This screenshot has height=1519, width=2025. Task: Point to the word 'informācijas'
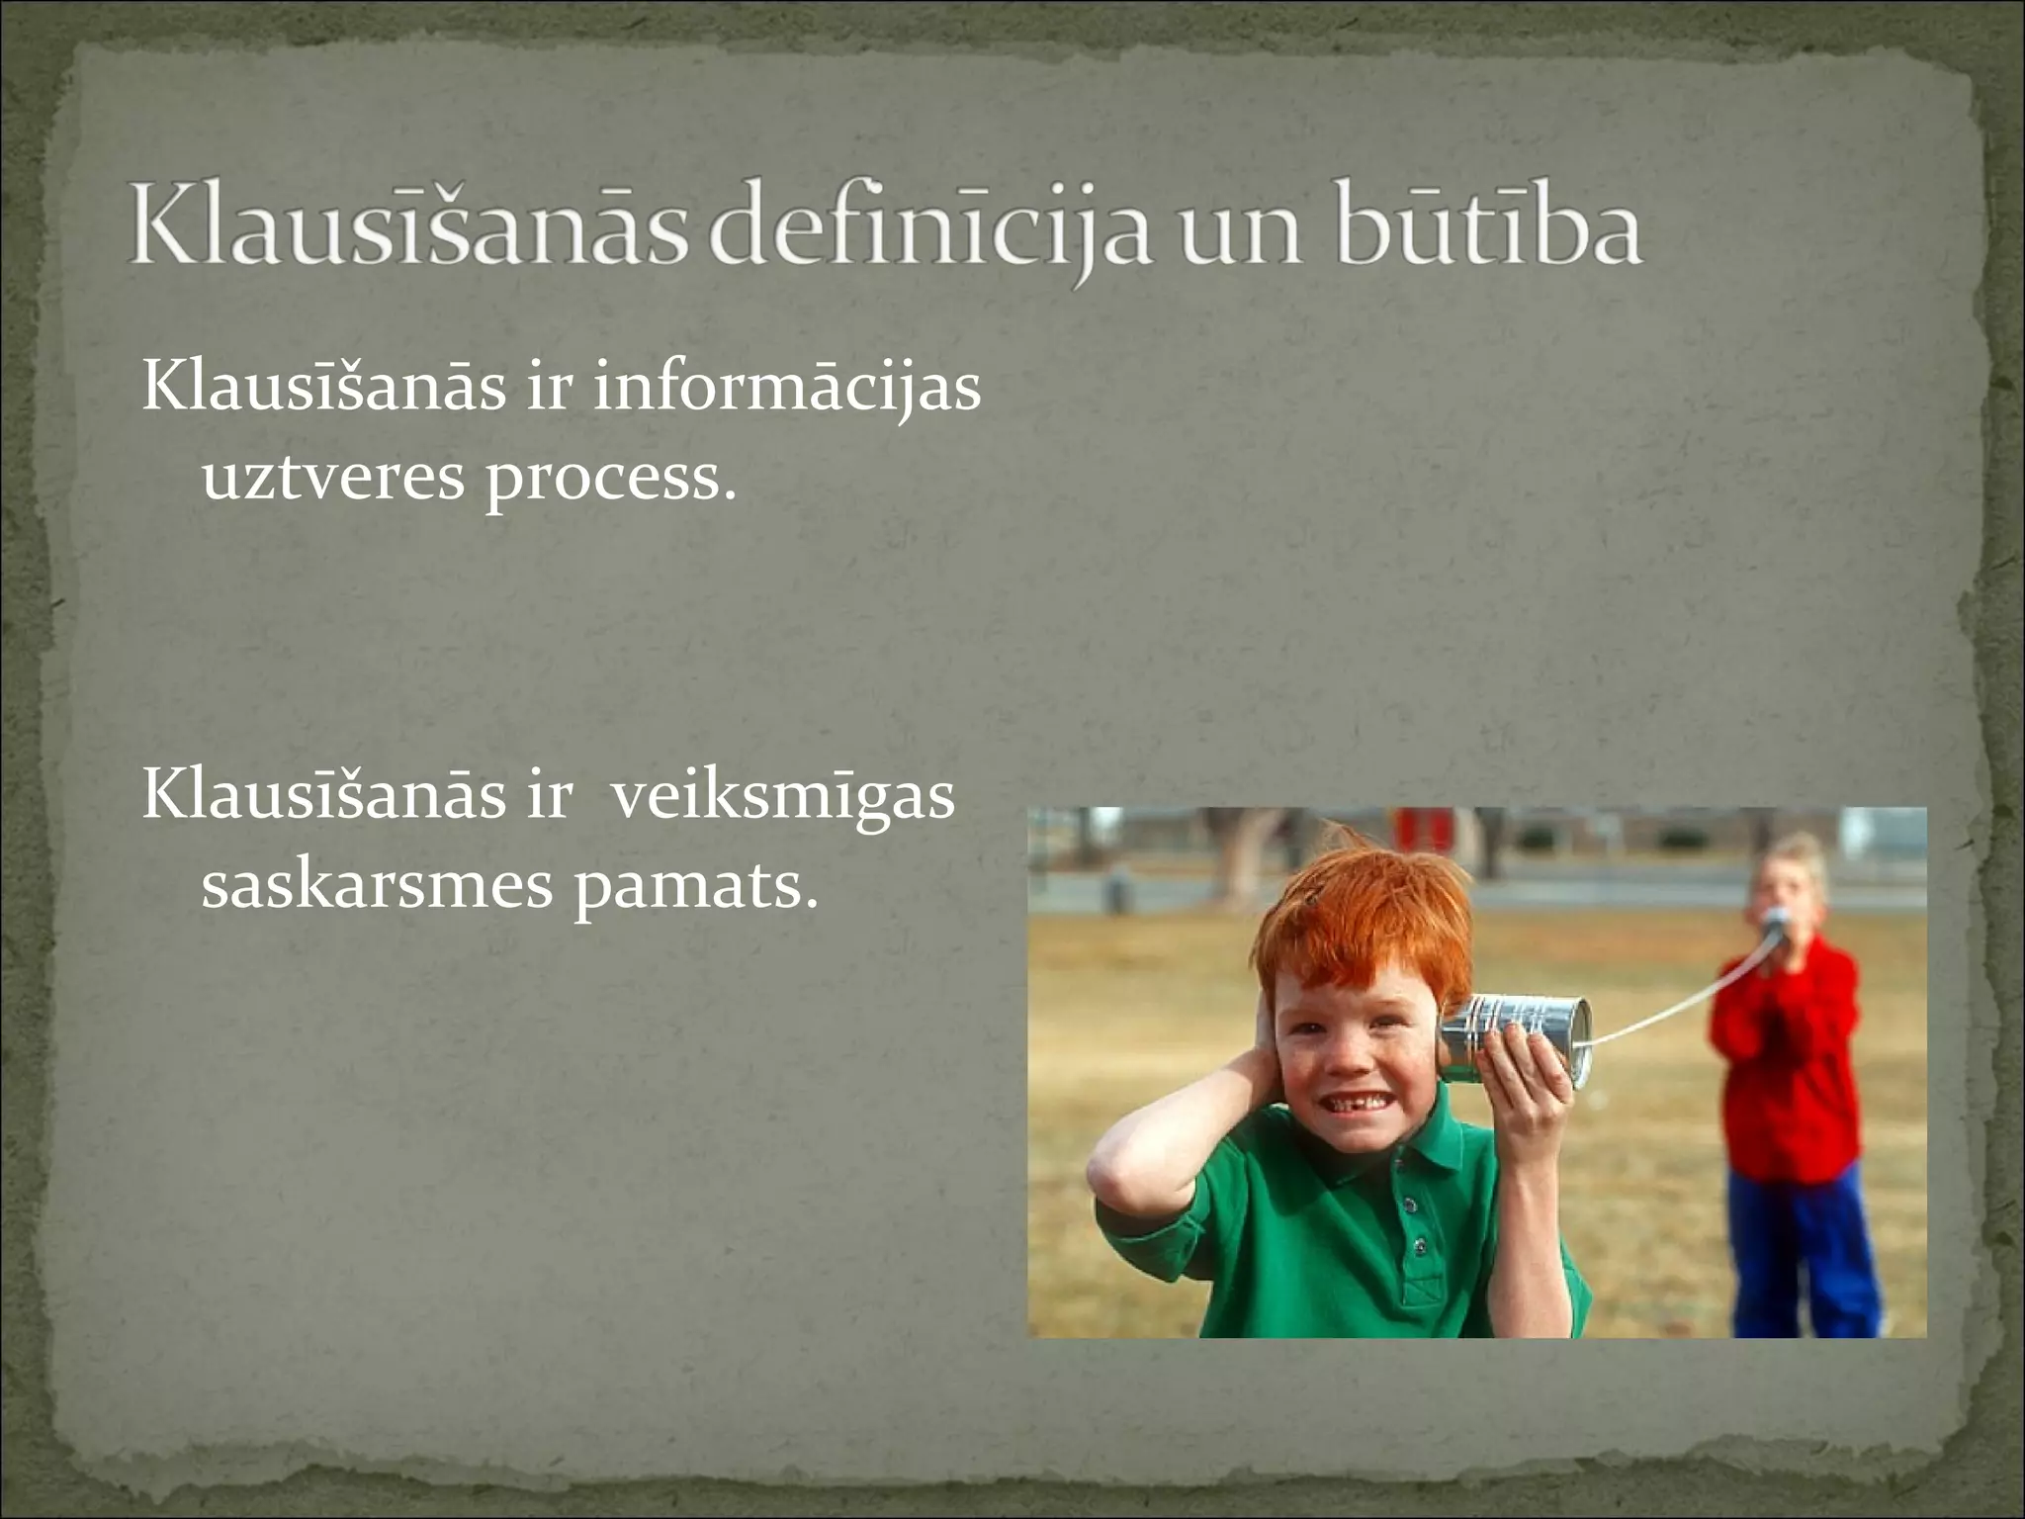coord(786,388)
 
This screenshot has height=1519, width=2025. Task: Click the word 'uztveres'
coord(333,479)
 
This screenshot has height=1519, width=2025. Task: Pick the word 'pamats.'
coord(696,887)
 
